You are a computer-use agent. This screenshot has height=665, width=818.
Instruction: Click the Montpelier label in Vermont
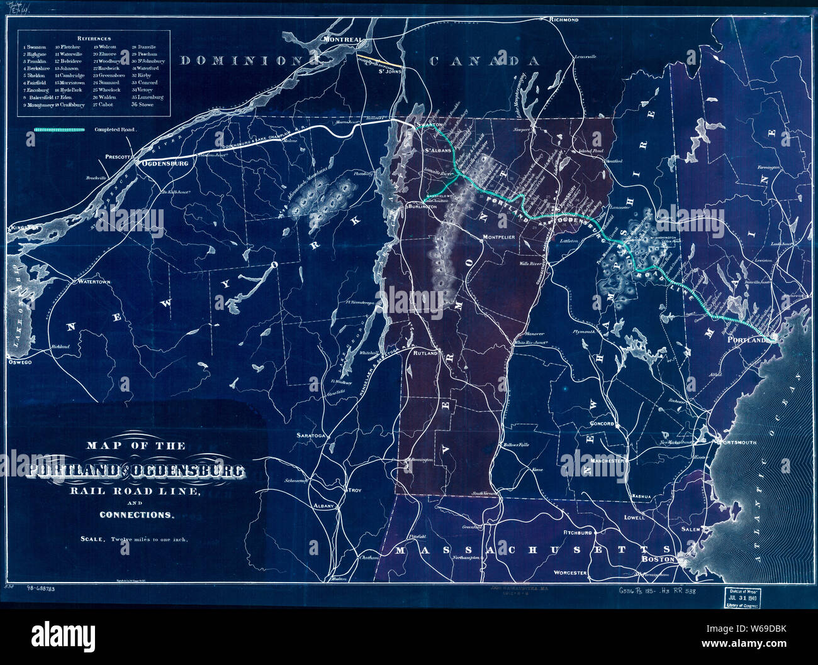click(x=499, y=237)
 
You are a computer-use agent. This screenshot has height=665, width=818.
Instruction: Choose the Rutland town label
click(x=425, y=354)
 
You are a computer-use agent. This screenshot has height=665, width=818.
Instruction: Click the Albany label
click(x=325, y=505)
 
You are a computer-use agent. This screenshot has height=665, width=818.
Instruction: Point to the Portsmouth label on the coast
click(x=737, y=442)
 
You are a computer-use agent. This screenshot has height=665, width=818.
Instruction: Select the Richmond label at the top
click(x=563, y=20)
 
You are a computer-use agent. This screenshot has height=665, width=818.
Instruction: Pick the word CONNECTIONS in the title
click(x=135, y=515)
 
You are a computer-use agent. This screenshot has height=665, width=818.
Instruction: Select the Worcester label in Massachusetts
click(x=570, y=573)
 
